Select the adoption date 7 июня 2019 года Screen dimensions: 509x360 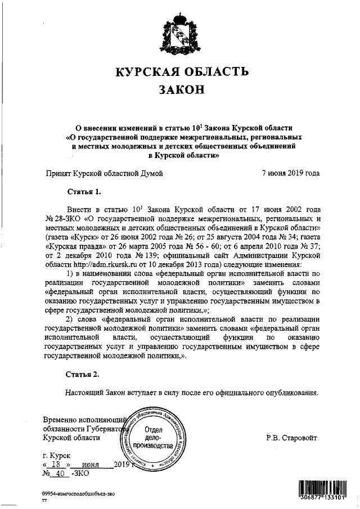tap(291, 173)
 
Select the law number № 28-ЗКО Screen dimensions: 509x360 tap(62, 219)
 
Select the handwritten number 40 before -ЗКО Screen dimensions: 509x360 tap(57, 474)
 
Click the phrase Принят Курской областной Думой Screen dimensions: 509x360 tap(104, 173)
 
